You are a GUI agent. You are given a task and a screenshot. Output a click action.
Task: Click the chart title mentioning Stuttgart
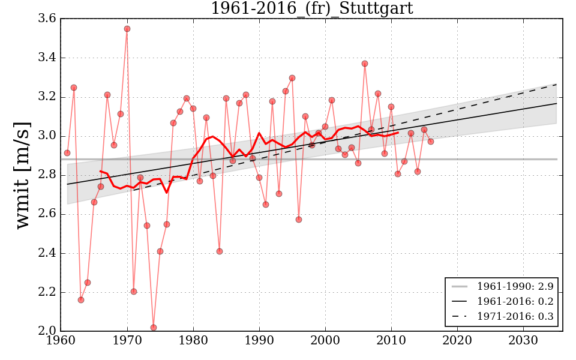point(311,8)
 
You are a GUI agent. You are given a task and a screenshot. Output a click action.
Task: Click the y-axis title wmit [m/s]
point(22,175)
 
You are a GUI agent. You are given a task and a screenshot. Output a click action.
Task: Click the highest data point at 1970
point(127,29)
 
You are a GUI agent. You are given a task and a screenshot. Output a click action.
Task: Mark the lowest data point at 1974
point(154,328)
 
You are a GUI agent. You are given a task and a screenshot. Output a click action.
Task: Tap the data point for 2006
point(365,64)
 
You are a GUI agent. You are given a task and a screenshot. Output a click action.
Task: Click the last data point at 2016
point(431,142)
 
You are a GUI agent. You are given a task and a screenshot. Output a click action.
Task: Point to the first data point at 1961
point(67,153)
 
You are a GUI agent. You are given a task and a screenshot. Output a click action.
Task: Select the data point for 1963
point(81,300)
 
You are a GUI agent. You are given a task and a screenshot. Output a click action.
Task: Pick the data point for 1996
point(299,220)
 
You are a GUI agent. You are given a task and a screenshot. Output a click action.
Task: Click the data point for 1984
point(220,251)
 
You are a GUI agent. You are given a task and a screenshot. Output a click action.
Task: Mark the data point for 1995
point(292,78)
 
